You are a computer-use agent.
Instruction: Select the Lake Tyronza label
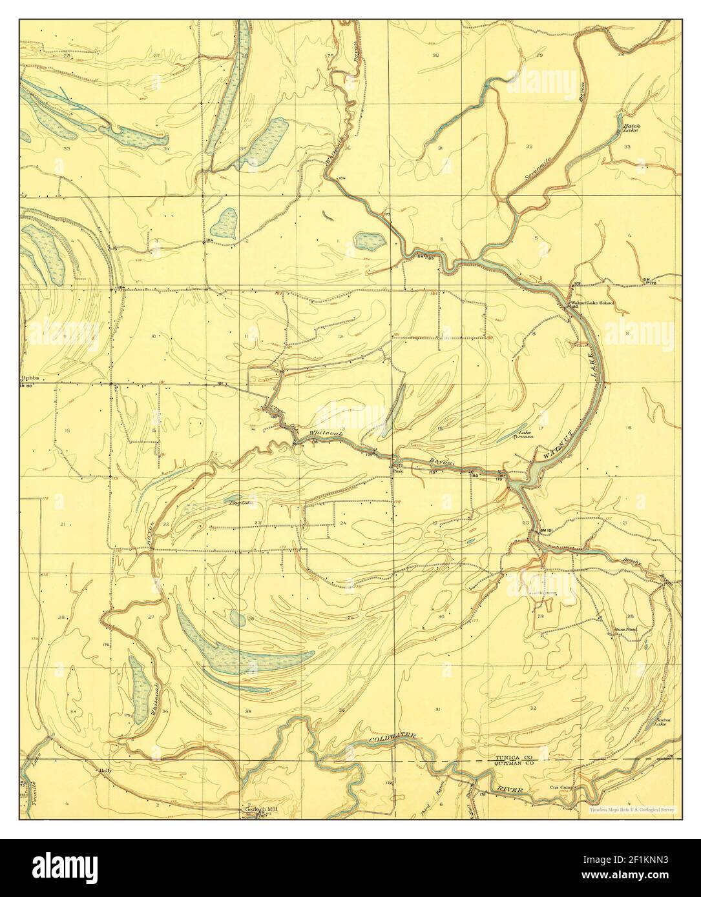pyautogui.click(x=523, y=434)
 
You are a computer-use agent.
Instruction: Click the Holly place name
pyautogui.click(x=105, y=771)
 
